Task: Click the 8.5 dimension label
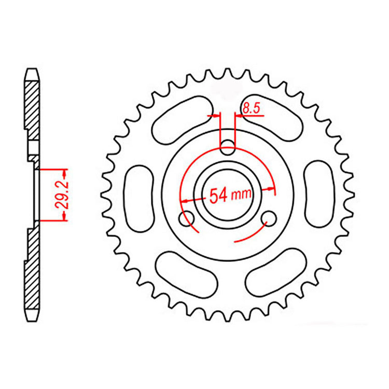(249, 109)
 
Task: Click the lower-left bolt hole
(187, 218)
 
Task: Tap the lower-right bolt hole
(268, 218)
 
